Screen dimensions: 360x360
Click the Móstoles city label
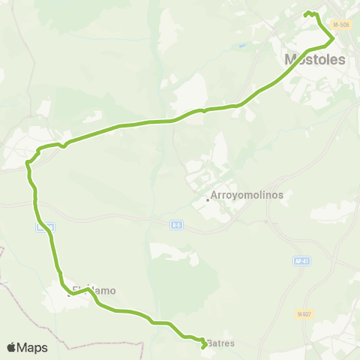(x=315, y=59)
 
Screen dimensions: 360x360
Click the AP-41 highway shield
(x=298, y=261)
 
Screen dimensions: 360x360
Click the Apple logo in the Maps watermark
(x=12, y=347)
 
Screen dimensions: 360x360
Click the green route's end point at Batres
(x=204, y=346)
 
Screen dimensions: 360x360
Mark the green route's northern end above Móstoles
(x=305, y=13)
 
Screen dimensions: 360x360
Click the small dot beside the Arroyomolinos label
(x=208, y=199)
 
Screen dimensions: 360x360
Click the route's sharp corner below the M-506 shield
(x=332, y=35)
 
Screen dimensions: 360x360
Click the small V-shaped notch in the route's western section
(x=64, y=145)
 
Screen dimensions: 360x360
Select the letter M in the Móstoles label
(x=290, y=59)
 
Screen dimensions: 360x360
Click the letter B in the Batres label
(x=211, y=343)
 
